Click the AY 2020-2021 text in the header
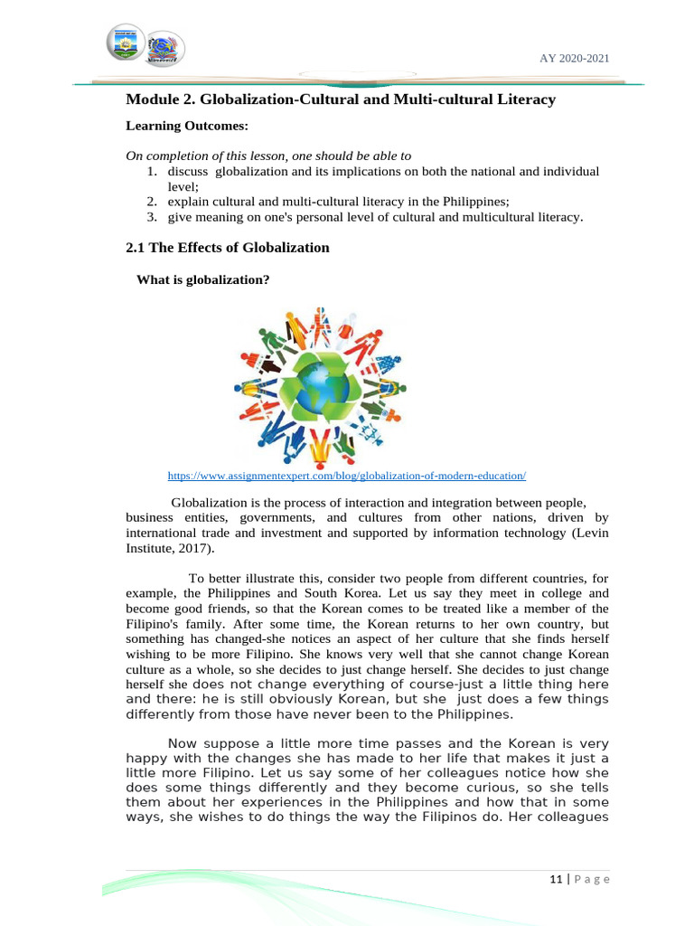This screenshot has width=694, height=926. click(574, 58)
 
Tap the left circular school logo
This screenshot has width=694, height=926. click(126, 43)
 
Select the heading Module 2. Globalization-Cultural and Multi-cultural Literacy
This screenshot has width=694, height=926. click(340, 99)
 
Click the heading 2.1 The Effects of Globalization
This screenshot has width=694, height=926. click(227, 247)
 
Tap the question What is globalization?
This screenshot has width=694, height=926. click(202, 279)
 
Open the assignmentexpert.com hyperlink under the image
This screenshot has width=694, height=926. click(346, 475)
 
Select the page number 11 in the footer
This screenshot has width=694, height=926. click(555, 879)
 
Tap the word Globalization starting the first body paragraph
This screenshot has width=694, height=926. click(207, 502)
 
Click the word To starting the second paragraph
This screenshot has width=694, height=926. click(196, 579)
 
